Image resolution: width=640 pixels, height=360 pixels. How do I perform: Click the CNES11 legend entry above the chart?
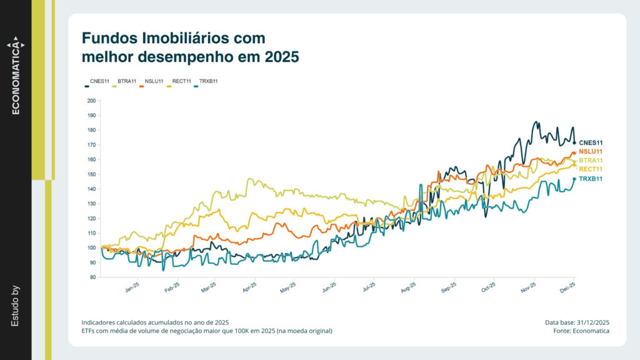99,81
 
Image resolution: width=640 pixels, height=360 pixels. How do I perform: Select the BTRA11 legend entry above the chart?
127,81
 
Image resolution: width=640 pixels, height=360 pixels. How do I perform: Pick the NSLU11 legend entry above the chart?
154,81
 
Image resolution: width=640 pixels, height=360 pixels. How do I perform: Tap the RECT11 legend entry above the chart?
181,81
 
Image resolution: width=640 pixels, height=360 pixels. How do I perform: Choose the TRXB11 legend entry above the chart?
208,81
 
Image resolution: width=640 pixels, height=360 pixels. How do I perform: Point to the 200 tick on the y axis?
91,101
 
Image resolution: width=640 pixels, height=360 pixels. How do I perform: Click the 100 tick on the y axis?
91,248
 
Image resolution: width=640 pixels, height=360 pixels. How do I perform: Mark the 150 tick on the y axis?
91,174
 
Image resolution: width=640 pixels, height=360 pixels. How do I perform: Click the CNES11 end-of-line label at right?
591,143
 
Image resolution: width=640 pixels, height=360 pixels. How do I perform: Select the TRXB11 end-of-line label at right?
591,179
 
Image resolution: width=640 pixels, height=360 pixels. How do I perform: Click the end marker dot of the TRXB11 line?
574,179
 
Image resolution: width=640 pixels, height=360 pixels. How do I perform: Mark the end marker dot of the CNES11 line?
574,143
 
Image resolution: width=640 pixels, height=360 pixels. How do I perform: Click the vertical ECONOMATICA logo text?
16,79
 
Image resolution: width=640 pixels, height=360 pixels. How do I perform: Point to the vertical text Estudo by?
16,306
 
